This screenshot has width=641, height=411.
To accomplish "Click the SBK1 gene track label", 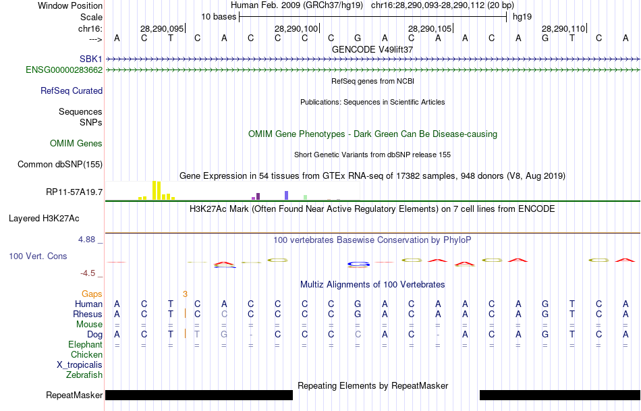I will tap(90, 59).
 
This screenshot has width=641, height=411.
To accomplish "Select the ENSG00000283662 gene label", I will tap(64, 70).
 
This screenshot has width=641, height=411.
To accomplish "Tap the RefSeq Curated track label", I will tap(72, 90).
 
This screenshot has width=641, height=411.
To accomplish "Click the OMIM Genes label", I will tap(76, 143).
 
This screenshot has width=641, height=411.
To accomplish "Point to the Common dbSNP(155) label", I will tap(60, 164).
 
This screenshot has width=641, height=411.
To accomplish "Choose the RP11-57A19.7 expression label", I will tap(74, 192).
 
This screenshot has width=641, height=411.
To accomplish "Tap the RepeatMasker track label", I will tap(74, 395).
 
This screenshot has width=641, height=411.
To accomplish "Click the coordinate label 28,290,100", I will tap(296, 29).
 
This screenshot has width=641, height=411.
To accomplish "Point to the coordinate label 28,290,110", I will tap(563, 29).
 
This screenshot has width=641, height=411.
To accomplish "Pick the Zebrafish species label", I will tap(84, 375).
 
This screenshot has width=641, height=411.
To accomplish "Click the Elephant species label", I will tap(86, 344).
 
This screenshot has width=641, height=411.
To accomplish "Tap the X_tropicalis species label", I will tap(80, 364).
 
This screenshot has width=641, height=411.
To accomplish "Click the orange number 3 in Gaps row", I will tap(185, 294).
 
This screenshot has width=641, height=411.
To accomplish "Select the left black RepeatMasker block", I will tap(199, 395).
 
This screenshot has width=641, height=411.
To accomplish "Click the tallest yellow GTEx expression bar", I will tap(155, 190).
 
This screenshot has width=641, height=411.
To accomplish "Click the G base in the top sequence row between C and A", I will tap(358, 38).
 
